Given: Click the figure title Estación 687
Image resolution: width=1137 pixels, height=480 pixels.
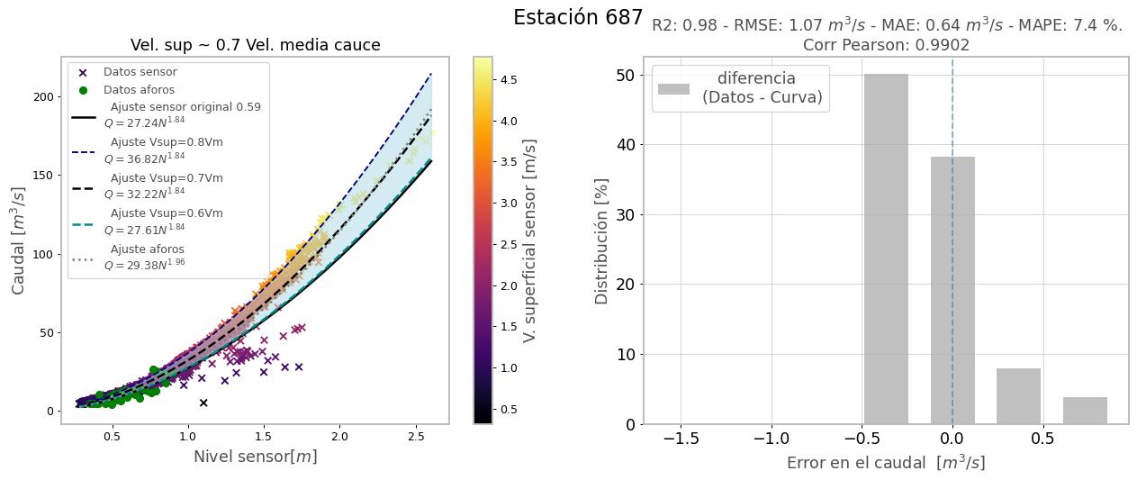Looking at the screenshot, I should [578, 18].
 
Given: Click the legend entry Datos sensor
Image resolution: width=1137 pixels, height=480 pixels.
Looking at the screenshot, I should [140, 72].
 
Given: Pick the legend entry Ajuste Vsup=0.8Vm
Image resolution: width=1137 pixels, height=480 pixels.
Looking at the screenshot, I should [167, 142].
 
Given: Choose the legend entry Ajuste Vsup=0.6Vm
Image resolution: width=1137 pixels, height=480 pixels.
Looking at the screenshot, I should [167, 213].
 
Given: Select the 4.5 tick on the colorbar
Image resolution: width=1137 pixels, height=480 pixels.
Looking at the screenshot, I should [508, 79].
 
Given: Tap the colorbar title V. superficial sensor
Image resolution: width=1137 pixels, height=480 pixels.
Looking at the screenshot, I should [530, 240].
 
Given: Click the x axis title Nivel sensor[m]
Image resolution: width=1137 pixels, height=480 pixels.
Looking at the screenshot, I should [255, 457].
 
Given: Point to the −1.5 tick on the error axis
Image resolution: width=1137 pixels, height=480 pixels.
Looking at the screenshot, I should [681, 439].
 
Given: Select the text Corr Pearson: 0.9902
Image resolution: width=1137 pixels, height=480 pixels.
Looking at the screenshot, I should [886, 45].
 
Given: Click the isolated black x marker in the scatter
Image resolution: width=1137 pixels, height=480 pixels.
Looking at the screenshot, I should [203, 403].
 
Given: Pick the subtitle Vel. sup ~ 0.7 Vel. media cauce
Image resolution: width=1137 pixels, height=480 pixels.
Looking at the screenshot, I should [255, 45].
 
